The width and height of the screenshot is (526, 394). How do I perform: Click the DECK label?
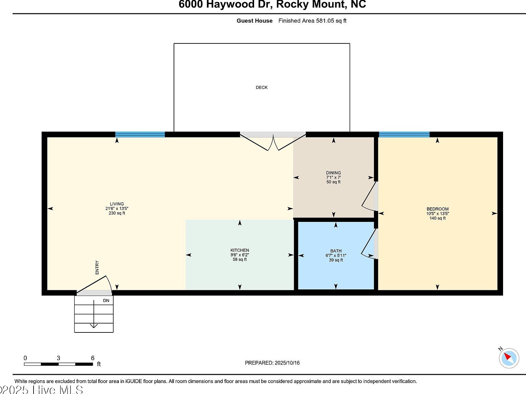pos(262,88)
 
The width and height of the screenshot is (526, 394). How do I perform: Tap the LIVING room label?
pos(117,204)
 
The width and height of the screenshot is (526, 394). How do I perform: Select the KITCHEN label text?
pos(240,250)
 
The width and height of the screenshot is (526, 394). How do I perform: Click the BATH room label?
pos(336,251)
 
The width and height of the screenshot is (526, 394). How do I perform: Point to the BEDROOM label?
pos(437,209)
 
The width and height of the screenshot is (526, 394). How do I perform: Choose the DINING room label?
pos(333,173)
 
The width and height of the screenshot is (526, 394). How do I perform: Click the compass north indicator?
pos(509,358)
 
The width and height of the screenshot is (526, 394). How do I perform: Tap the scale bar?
pos(58,364)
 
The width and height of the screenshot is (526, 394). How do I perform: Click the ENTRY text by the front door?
pos(97,267)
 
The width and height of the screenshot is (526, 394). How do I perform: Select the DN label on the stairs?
pos(106,301)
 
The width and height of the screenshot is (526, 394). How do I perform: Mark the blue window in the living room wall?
pos(140,134)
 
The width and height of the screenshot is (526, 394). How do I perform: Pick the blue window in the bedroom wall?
pos(404,134)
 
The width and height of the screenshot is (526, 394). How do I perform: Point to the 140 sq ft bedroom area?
pos(437,218)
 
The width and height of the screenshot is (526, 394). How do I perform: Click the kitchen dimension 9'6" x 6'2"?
pos(240,255)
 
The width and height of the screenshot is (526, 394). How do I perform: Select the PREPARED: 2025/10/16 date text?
pos(272,363)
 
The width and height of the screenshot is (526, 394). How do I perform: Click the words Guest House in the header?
pos(254,21)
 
